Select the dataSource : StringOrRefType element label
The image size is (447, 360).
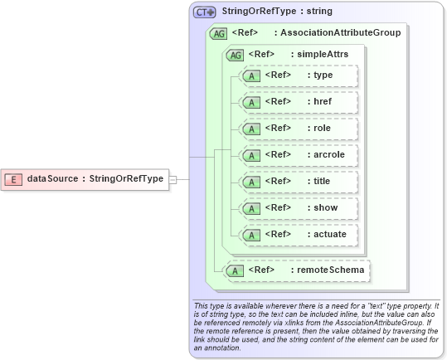click(x=95, y=178)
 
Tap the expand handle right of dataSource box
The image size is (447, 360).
click(x=173, y=178)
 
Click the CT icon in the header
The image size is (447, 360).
click(x=204, y=12)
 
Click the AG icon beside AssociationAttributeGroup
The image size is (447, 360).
click(x=219, y=33)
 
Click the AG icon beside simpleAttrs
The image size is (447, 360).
click(x=236, y=55)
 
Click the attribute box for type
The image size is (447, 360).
click(x=298, y=75)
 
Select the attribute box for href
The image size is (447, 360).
click(x=298, y=102)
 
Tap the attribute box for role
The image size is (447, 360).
click(x=298, y=129)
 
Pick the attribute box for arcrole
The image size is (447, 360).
click(x=298, y=155)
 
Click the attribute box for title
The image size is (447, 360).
click(x=298, y=182)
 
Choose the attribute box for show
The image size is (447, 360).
click(x=298, y=208)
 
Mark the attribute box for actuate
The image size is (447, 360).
click(x=298, y=235)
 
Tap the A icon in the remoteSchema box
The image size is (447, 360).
click(x=236, y=270)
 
